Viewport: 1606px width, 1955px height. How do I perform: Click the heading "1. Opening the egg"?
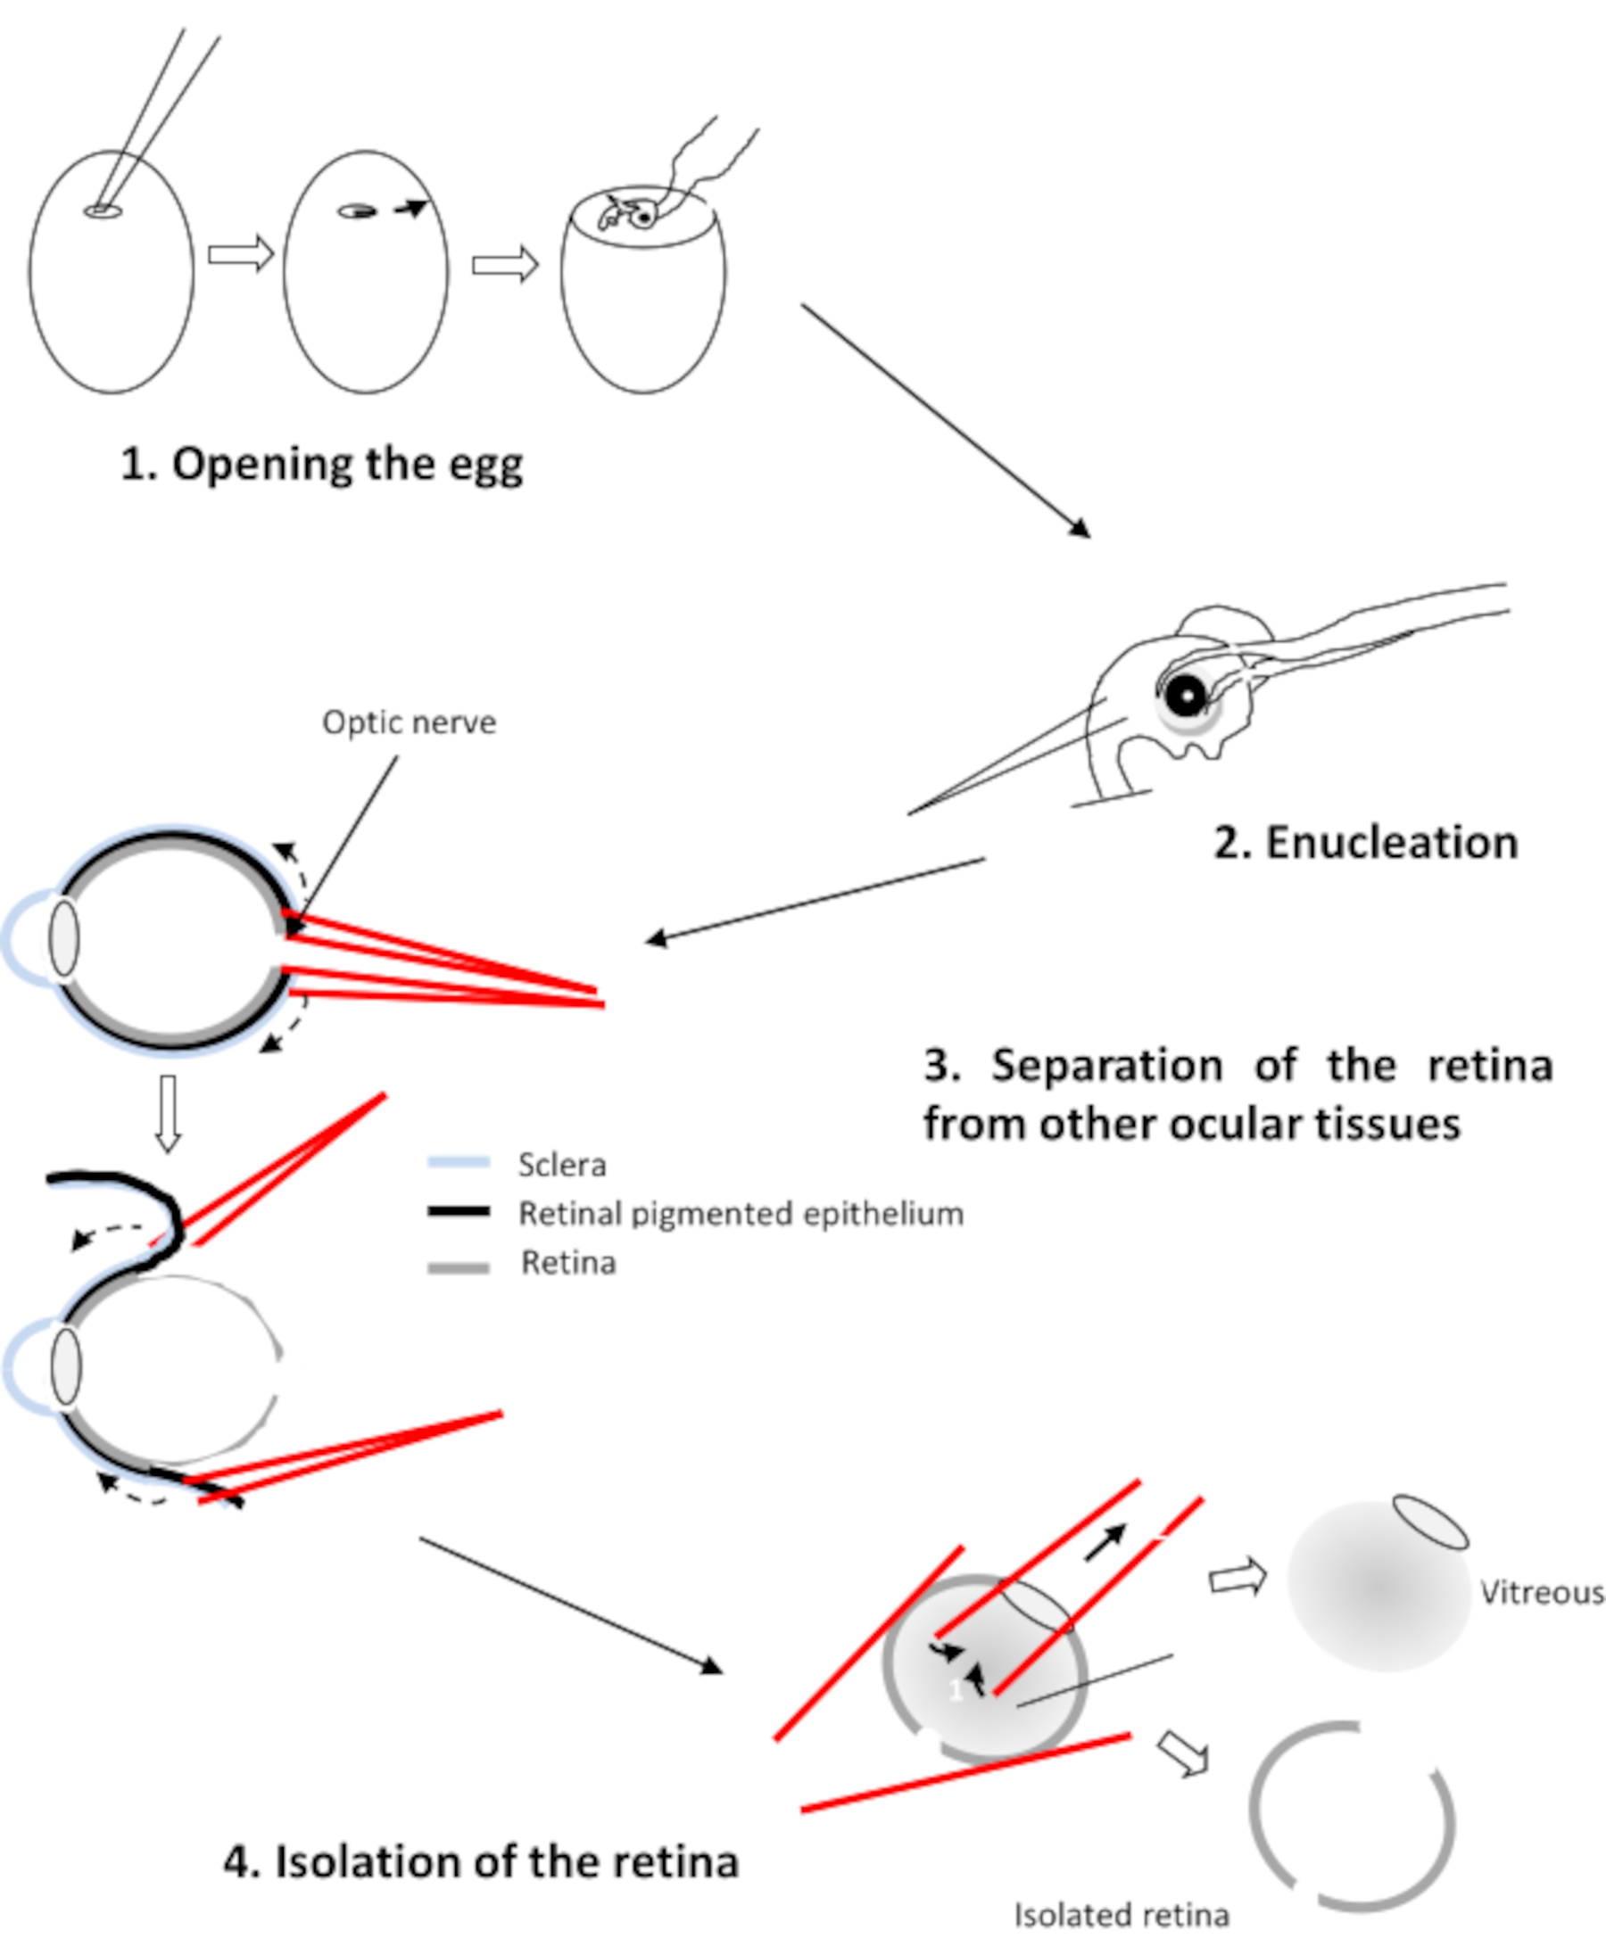coord(321,466)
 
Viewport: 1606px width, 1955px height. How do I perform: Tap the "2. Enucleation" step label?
coord(1365,843)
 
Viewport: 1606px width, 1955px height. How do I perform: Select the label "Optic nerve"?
coord(409,722)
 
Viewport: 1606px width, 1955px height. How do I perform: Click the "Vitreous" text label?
coord(1541,1593)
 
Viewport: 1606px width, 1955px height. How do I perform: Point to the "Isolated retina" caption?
coord(1122,1914)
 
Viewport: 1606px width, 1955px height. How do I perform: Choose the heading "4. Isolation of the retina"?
coord(481,1861)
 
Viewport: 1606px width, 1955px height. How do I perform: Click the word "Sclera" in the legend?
coord(561,1164)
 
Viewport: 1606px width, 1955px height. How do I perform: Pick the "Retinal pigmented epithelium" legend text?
coord(740,1213)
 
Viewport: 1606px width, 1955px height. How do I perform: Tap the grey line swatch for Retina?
coord(458,1269)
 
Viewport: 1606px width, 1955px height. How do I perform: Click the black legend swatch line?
coord(458,1211)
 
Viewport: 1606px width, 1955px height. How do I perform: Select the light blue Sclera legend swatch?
coord(458,1161)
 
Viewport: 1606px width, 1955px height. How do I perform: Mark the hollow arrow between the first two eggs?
coord(241,253)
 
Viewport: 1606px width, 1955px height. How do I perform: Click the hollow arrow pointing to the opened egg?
coord(505,266)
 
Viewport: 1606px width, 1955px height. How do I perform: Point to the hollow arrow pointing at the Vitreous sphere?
coord(1238,1577)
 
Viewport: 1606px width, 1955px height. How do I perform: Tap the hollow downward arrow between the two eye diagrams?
coord(168,1113)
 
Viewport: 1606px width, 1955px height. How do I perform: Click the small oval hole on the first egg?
coord(103,211)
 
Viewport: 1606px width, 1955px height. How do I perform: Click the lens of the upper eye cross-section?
coord(64,937)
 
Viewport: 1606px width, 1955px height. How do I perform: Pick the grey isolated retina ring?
coord(1352,1816)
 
